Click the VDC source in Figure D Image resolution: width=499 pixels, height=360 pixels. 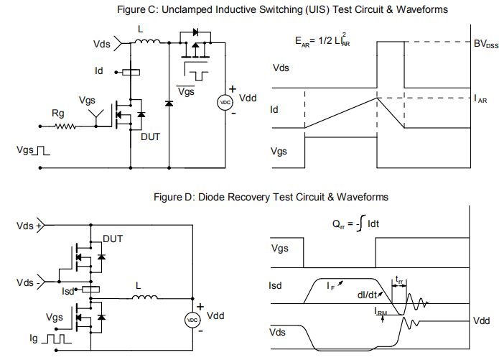[x=192, y=319]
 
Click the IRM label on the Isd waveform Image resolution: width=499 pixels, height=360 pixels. [x=381, y=311]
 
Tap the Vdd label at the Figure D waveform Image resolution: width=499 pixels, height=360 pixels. [x=482, y=320]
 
